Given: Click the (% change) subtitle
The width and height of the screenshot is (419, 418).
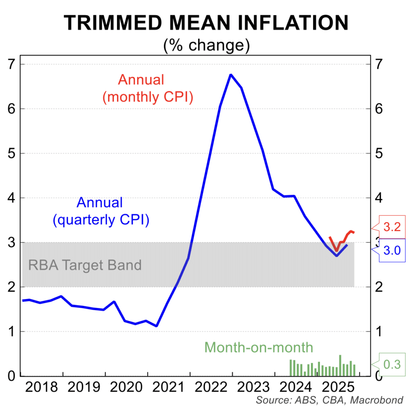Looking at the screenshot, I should [x=206, y=45].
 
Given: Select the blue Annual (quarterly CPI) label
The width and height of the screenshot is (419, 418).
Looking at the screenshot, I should [x=100, y=211].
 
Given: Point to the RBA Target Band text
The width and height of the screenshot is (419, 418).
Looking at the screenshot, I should [x=85, y=265].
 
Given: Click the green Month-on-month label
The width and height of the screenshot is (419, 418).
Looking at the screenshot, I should [x=259, y=347].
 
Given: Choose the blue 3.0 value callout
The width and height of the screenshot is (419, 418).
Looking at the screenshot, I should [x=392, y=250].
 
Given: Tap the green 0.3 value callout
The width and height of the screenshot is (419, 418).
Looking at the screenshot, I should [x=392, y=364].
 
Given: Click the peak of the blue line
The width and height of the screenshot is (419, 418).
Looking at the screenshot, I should [x=231, y=75].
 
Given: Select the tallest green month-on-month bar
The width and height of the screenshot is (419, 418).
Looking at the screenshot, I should [x=340, y=365].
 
